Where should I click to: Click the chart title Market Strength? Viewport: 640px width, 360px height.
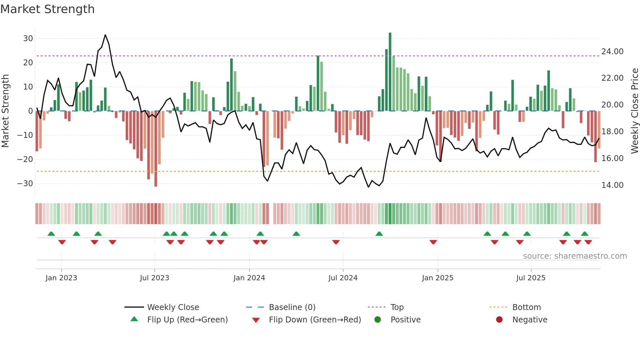click(x=47, y=9)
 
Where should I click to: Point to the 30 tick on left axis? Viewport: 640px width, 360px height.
click(x=28, y=39)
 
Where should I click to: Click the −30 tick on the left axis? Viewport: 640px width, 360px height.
click(x=25, y=184)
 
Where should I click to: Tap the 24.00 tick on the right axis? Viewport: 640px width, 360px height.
click(x=612, y=52)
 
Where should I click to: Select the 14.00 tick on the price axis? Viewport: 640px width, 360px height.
click(x=612, y=185)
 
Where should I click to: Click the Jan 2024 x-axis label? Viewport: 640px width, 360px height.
click(x=249, y=278)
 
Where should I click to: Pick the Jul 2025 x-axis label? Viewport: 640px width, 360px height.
click(x=531, y=278)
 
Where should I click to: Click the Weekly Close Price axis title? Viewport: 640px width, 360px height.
click(x=634, y=111)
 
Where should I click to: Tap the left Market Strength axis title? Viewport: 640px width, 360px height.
click(x=5, y=111)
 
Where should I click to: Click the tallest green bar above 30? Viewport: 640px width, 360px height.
click(x=390, y=72)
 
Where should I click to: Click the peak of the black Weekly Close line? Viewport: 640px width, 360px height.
click(x=105, y=35)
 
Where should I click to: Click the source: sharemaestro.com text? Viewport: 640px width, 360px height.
click(x=575, y=256)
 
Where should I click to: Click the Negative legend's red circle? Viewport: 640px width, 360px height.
click(x=499, y=320)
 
